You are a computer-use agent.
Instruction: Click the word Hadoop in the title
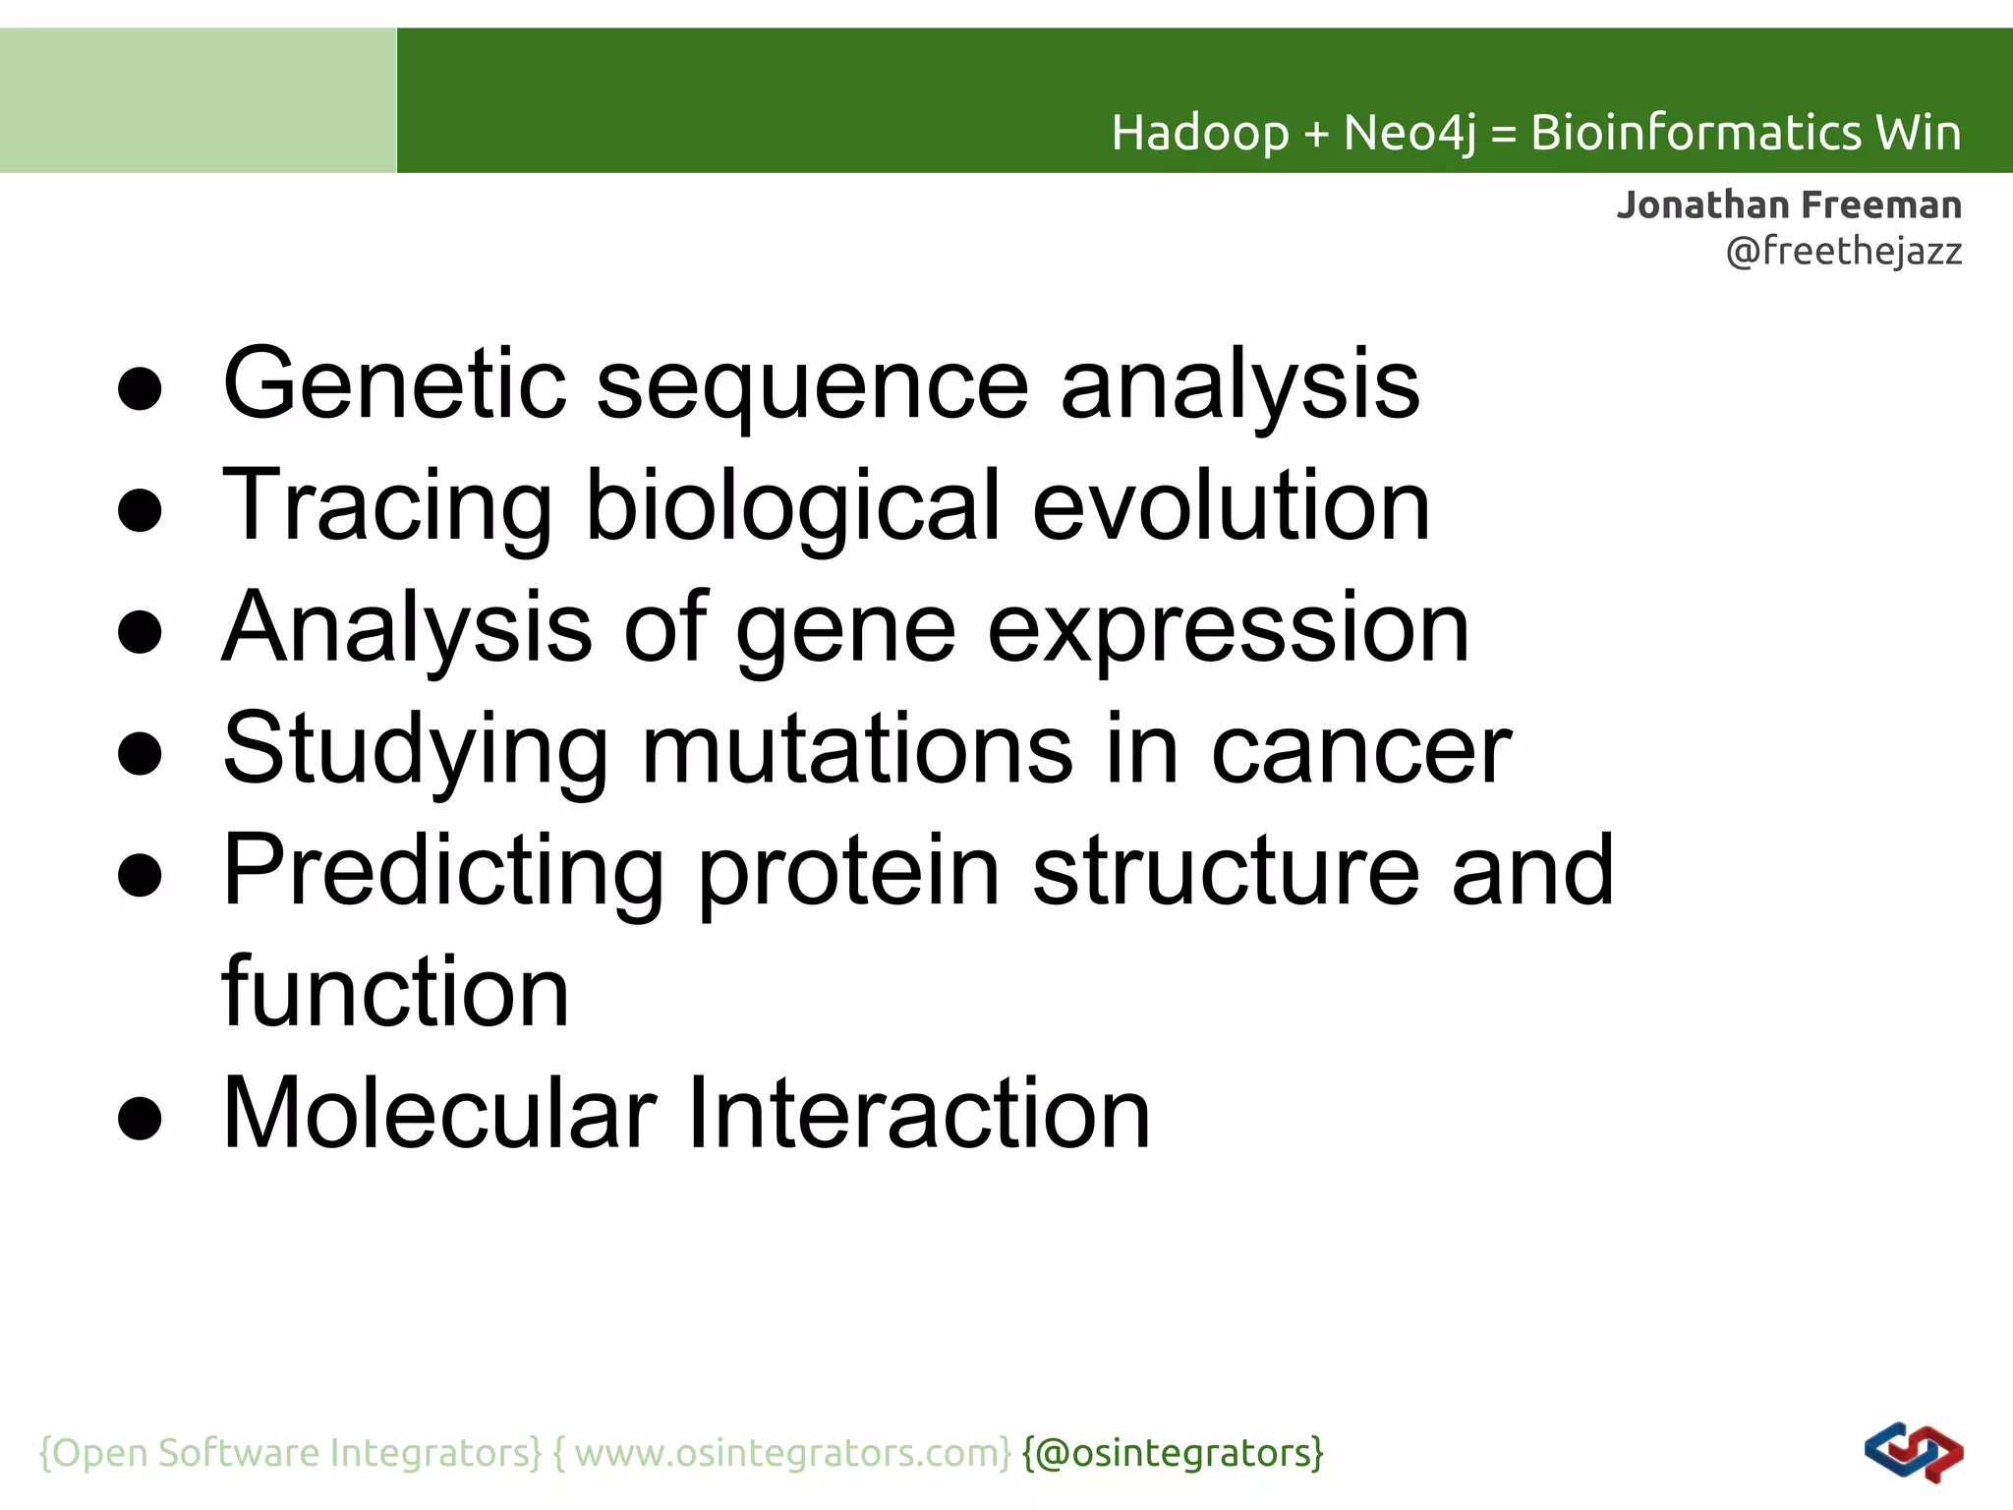coord(1199,134)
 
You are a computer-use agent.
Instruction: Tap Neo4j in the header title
coord(1409,134)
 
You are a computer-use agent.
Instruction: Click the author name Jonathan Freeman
coord(1789,205)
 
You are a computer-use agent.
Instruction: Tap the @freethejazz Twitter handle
coord(1844,252)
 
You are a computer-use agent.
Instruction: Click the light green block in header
coord(198,100)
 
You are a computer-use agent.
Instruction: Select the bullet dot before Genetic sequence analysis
coord(140,388)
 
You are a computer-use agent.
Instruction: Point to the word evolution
coord(1231,506)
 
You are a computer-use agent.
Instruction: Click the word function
coord(395,993)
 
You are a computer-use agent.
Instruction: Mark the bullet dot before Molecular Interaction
coord(140,1118)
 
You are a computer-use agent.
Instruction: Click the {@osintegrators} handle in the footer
coord(1173,1453)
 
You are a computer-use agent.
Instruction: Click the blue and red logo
coord(1913,1452)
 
